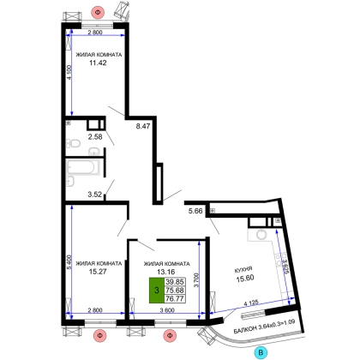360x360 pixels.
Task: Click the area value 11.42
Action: pos(98,63)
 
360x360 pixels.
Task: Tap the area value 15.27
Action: pos(98,272)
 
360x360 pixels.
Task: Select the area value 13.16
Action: pos(166,272)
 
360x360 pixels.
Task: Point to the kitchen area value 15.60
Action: pos(245,278)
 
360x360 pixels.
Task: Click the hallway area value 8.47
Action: pos(143,126)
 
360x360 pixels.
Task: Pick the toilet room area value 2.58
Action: pos(95,137)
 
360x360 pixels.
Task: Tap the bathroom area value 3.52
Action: pos(94,195)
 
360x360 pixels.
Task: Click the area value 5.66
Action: pos(195,211)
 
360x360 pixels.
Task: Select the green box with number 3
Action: pos(156,291)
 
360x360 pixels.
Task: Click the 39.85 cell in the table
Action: pos(175,282)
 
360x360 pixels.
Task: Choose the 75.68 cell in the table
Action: pos(175,291)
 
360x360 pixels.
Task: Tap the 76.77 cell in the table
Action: pos(175,298)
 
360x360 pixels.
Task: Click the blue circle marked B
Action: pos(261,352)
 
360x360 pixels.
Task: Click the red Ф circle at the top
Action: pos(98,12)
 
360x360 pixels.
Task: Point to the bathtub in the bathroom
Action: pos(83,167)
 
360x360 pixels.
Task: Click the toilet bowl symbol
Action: pos(73,143)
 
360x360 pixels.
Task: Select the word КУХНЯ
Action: pos(243,269)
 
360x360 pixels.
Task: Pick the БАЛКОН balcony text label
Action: pos(245,330)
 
